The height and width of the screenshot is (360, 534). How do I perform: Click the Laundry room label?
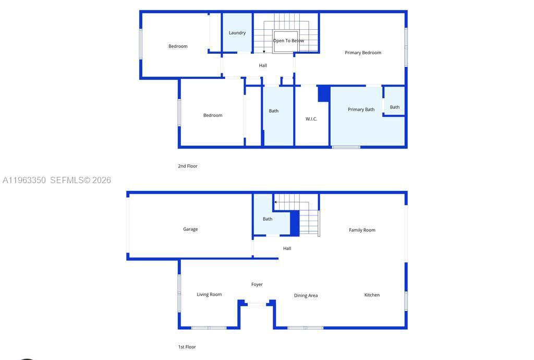click(x=237, y=33)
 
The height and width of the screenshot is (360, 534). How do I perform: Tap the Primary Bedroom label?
click(x=363, y=53)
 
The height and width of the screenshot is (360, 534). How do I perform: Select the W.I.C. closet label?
click(x=311, y=119)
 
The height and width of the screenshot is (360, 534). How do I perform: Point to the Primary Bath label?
click(x=361, y=110)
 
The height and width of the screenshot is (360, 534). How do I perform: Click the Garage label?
click(x=190, y=229)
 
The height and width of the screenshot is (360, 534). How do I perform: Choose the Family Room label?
click(x=362, y=230)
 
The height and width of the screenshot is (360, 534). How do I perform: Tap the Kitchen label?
click(x=372, y=295)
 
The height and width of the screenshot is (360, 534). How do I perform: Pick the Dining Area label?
click(x=306, y=296)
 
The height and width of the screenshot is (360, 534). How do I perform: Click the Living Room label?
click(x=209, y=295)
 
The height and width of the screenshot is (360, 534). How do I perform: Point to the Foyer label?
click(x=257, y=284)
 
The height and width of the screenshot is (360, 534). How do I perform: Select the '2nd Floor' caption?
click(x=188, y=166)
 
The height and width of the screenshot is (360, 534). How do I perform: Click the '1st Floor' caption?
click(x=187, y=347)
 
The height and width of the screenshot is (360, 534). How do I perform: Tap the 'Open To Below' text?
click(x=288, y=41)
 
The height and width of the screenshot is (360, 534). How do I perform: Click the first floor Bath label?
click(x=268, y=219)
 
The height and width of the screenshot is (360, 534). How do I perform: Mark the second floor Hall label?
click(x=263, y=65)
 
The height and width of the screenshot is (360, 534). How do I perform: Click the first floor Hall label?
click(x=287, y=248)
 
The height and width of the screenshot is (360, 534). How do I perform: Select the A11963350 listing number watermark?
click(x=24, y=180)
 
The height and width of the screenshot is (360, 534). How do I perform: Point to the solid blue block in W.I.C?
click(x=324, y=94)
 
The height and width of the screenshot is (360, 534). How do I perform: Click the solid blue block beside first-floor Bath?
click(x=295, y=223)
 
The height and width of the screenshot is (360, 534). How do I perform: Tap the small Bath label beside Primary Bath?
click(x=395, y=107)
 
